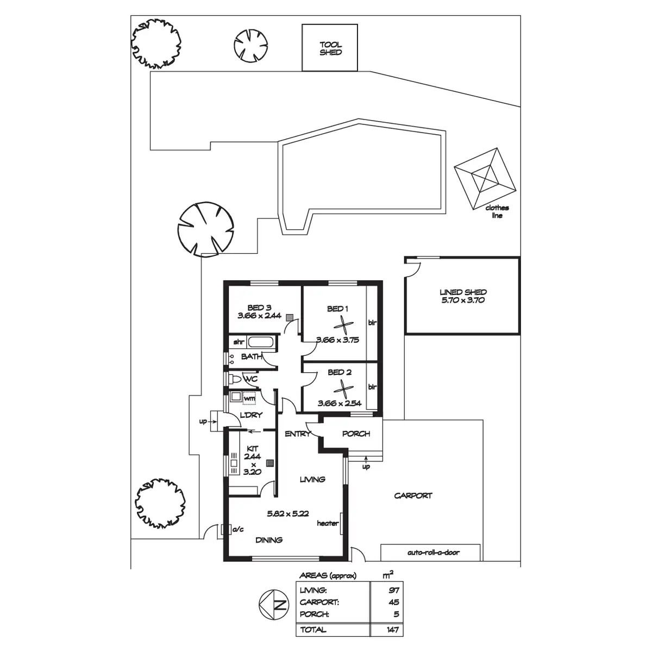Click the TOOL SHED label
click(x=330, y=49)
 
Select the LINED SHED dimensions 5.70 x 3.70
click(x=463, y=299)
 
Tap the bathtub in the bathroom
click(x=262, y=342)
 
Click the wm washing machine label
click(x=249, y=398)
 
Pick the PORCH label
click(x=356, y=434)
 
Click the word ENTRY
click(x=297, y=434)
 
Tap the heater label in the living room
click(x=328, y=523)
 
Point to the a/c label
click(x=237, y=529)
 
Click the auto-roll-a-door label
click(x=433, y=553)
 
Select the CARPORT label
click(x=413, y=496)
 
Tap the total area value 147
click(x=393, y=630)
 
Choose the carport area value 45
click(x=394, y=602)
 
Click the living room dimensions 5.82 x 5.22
click(x=288, y=512)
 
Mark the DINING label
click(x=269, y=540)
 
